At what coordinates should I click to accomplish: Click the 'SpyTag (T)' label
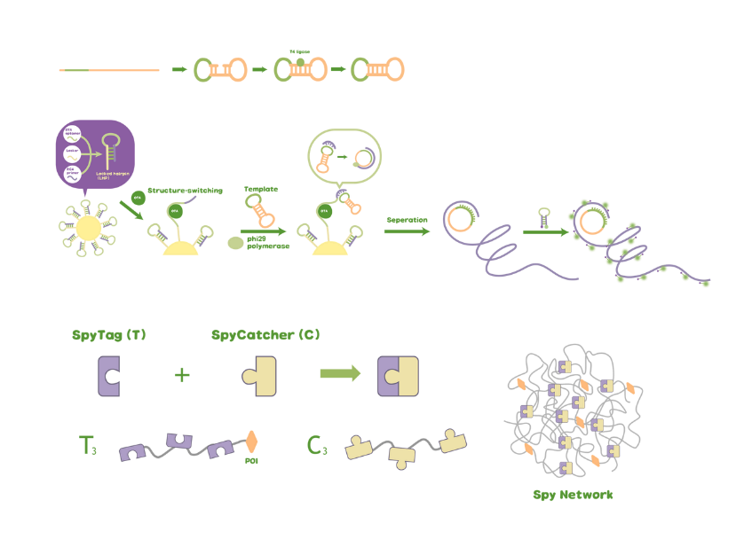tap(109, 336)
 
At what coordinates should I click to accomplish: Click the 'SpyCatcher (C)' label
tap(265, 336)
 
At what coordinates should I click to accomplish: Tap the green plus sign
tap(182, 375)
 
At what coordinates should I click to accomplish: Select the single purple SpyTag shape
tap(109, 376)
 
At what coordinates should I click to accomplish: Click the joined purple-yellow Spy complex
tap(397, 376)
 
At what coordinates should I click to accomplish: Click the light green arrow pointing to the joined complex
tap(340, 374)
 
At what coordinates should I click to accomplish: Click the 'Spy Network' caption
tap(573, 495)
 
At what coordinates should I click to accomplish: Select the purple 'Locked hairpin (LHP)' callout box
tap(95, 153)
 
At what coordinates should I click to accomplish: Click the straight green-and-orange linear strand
tap(109, 70)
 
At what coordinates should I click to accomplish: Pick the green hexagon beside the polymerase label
tap(235, 241)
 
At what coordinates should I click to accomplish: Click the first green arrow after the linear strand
tap(178, 69)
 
